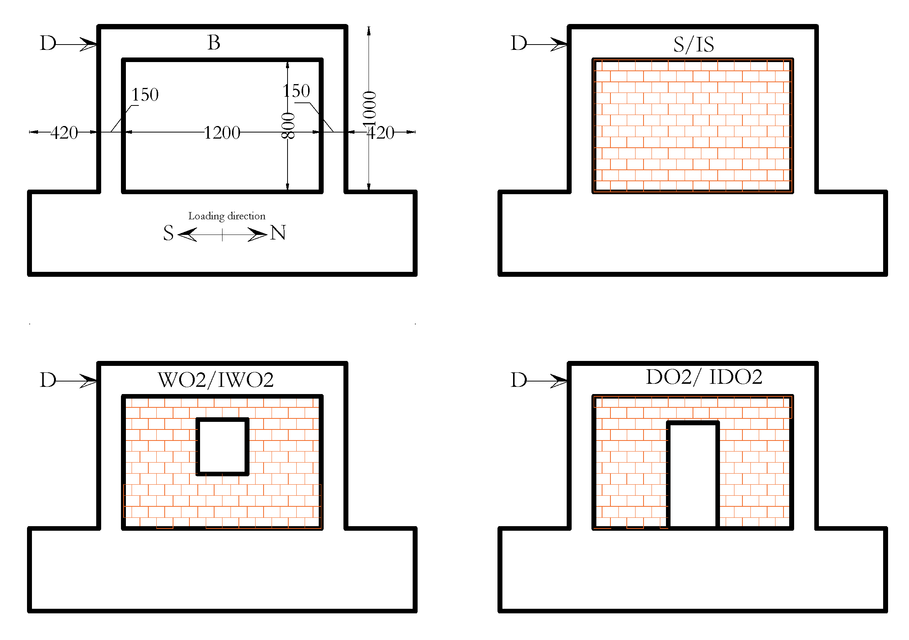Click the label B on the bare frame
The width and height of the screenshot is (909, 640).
214,42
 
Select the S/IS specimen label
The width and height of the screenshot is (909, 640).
693,45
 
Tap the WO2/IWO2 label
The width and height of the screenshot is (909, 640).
216,380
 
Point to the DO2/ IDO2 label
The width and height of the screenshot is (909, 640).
704,377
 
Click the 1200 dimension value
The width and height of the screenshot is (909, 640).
222,133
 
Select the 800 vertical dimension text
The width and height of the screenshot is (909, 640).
288,126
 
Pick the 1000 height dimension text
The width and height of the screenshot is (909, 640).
369,108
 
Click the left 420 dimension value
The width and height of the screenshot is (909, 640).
64,133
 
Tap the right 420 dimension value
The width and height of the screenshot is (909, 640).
380,133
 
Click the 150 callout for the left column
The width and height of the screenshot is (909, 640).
145,95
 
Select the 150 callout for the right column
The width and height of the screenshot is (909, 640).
296,91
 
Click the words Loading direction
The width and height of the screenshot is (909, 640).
226,216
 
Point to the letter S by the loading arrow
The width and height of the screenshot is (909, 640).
168,233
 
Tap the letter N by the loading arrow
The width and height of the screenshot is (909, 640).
278,233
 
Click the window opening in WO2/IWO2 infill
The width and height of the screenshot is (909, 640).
222,447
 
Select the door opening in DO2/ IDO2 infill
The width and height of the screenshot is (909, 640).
693,476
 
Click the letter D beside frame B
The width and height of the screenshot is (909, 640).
48,43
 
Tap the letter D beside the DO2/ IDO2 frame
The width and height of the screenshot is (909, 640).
519,380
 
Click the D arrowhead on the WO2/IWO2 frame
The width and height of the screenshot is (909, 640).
88,381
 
